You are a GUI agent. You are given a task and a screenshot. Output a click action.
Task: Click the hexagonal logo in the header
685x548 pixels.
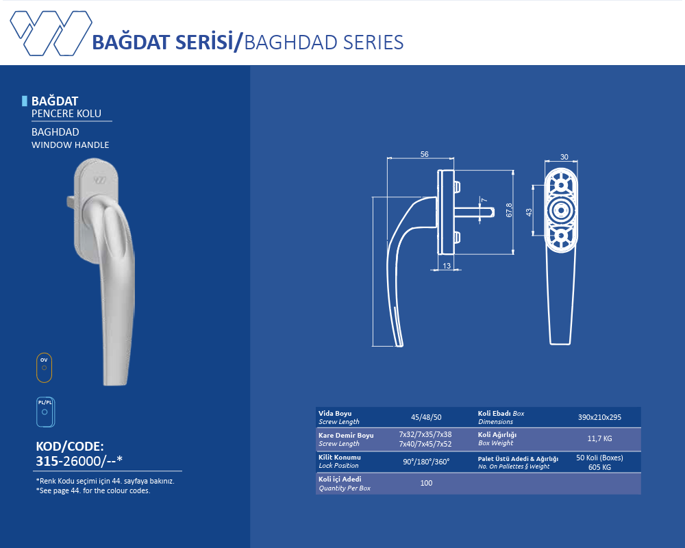51,33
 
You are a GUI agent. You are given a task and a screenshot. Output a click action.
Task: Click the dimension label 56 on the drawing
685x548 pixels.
424,154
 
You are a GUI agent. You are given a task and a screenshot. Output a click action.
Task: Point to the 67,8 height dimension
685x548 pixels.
509,210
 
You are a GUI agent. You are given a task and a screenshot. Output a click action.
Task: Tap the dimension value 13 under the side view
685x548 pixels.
447,266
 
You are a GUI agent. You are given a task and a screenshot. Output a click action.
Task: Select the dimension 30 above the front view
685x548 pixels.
564,157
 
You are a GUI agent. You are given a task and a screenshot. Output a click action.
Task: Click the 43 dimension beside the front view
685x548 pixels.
529,212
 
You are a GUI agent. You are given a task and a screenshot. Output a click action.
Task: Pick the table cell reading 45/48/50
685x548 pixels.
426,417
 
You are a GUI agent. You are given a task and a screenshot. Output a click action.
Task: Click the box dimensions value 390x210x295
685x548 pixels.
599,417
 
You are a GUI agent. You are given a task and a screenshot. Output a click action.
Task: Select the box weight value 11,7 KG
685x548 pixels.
599,438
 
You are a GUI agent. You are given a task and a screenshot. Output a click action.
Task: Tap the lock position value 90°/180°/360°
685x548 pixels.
426,462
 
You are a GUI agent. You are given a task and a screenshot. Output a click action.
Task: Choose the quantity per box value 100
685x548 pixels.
426,483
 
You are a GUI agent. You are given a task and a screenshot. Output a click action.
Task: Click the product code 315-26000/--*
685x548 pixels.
79,461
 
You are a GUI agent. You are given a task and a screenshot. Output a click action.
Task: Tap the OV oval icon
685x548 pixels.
44,368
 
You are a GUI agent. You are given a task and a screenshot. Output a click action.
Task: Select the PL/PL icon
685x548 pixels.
45,412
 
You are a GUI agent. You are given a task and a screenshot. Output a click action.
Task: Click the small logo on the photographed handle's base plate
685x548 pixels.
99,179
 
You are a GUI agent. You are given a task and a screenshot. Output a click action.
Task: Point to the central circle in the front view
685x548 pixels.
561,210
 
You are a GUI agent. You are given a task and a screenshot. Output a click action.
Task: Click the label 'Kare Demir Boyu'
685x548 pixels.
346,435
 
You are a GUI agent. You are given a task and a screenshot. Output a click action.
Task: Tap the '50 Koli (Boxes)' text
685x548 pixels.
599,458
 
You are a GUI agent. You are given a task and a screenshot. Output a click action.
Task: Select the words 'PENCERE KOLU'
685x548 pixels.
66,114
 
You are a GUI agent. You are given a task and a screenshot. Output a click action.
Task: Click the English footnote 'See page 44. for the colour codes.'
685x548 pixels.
93,490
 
